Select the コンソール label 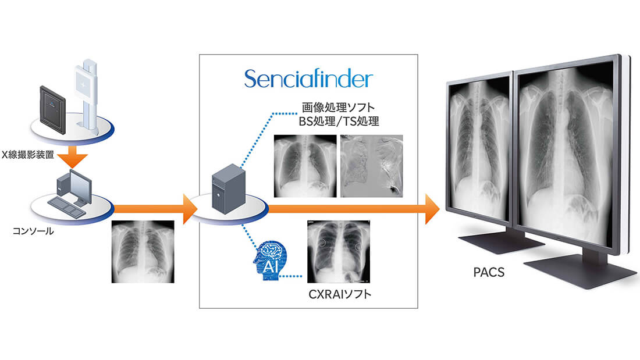(33, 231)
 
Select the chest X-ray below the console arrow (143, 251)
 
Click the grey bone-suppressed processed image (372, 165)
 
